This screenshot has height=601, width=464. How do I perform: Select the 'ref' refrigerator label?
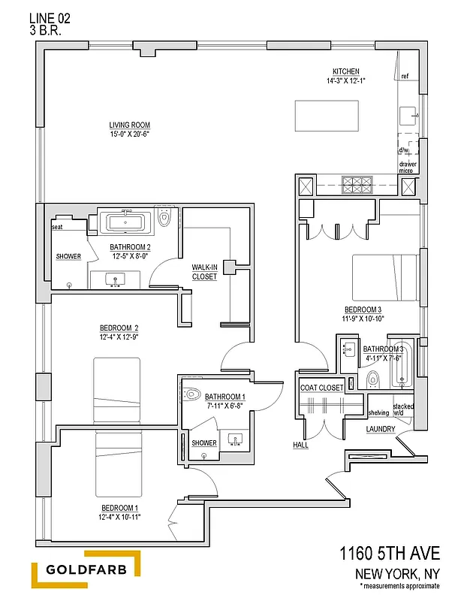pyautogui.click(x=405, y=77)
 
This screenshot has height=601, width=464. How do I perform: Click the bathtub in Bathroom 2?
pyautogui.click(x=127, y=222)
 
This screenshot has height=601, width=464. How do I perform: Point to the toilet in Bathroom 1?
pyautogui.click(x=193, y=394)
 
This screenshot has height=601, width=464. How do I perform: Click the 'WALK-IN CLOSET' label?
pyautogui.click(x=204, y=272)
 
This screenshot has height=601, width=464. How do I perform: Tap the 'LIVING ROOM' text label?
pyautogui.click(x=130, y=125)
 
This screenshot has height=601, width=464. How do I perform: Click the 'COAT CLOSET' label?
pyautogui.click(x=321, y=388)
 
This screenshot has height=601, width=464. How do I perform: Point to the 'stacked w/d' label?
pyautogui.click(x=402, y=409)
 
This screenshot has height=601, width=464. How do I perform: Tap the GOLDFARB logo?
pyautogui.click(x=86, y=569)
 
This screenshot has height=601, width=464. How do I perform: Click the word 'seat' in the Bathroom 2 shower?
pyautogui.click(x=57, y=227)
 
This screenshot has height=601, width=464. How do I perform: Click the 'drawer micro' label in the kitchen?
pyautogui.click(x=407, y=167)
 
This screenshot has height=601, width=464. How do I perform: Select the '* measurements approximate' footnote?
pyautogui.click(x=399, y=585)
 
